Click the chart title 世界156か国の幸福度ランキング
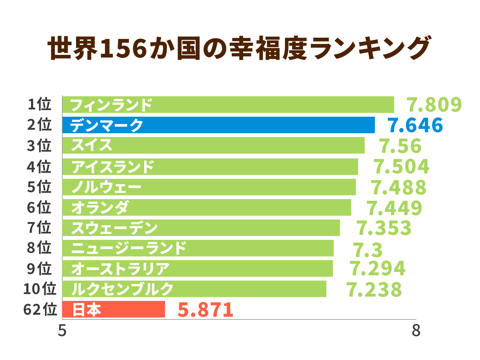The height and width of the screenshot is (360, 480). (239, 49)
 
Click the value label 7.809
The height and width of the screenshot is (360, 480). (434, 105)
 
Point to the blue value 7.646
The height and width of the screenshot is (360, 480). (415, 125)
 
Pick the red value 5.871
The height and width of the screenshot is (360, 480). (205, 310)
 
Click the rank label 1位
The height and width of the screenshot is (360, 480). (39, 104)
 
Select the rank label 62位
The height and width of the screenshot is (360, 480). (40, 309)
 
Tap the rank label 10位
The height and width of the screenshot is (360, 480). (40, 289)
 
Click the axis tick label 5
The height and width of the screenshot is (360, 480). (62, 331)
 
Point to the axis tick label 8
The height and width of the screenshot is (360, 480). (416, 331)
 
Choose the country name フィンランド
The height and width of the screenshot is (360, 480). (111, 105)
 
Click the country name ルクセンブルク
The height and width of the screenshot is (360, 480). (122, 289)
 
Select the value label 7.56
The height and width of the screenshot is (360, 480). (401, 146)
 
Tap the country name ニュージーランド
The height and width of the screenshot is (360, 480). (129, 248)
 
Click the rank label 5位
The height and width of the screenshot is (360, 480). (39, 187)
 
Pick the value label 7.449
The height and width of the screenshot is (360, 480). (394, 208)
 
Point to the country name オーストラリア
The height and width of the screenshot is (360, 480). (120, 269)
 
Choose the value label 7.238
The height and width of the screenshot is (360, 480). (374, 290)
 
